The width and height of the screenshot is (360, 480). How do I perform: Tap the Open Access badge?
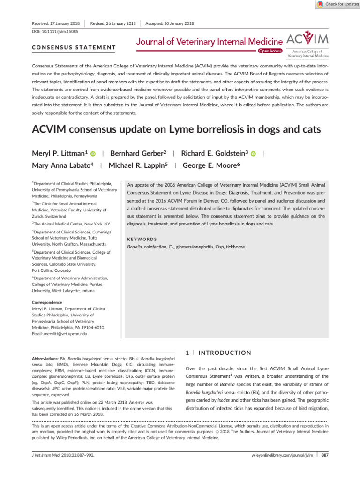[x=270, y=51]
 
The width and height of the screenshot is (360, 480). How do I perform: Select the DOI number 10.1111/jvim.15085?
[x=48, y=32]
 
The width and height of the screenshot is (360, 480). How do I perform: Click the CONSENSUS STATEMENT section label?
[x=74, y=47]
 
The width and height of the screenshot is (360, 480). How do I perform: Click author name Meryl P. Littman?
[x=60, y=153]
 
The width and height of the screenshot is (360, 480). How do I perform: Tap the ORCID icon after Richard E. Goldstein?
[x=254, y=154]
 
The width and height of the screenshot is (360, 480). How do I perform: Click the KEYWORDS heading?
[x=143, y=239]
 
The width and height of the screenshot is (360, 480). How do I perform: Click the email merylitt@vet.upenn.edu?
[x=59, y=334]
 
